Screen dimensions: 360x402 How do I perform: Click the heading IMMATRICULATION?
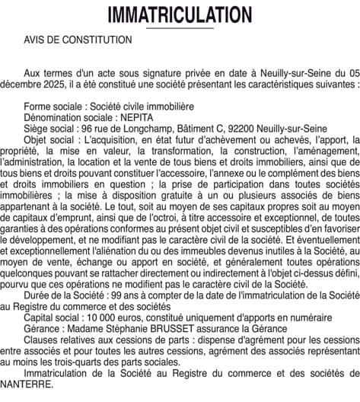[180, 14]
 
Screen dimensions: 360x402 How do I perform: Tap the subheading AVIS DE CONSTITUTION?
[77, 39]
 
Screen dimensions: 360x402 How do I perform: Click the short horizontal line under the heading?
[180, 28]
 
